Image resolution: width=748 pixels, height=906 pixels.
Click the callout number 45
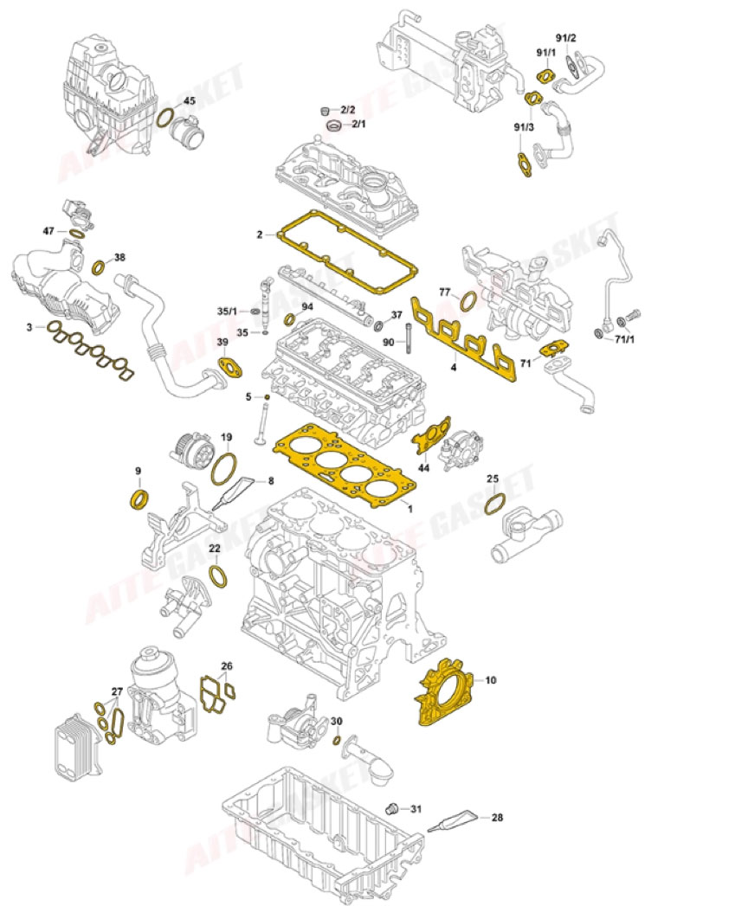point(190,101)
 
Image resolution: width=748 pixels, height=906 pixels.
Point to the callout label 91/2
point(565,38)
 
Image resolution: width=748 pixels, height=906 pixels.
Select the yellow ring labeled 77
point(466,301)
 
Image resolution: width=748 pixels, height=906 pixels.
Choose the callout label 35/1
point(227,312)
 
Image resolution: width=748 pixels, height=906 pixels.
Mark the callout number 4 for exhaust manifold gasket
point(452,367)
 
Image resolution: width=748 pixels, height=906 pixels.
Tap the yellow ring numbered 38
point(100,265)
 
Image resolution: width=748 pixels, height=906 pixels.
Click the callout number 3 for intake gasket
point(29,327)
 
